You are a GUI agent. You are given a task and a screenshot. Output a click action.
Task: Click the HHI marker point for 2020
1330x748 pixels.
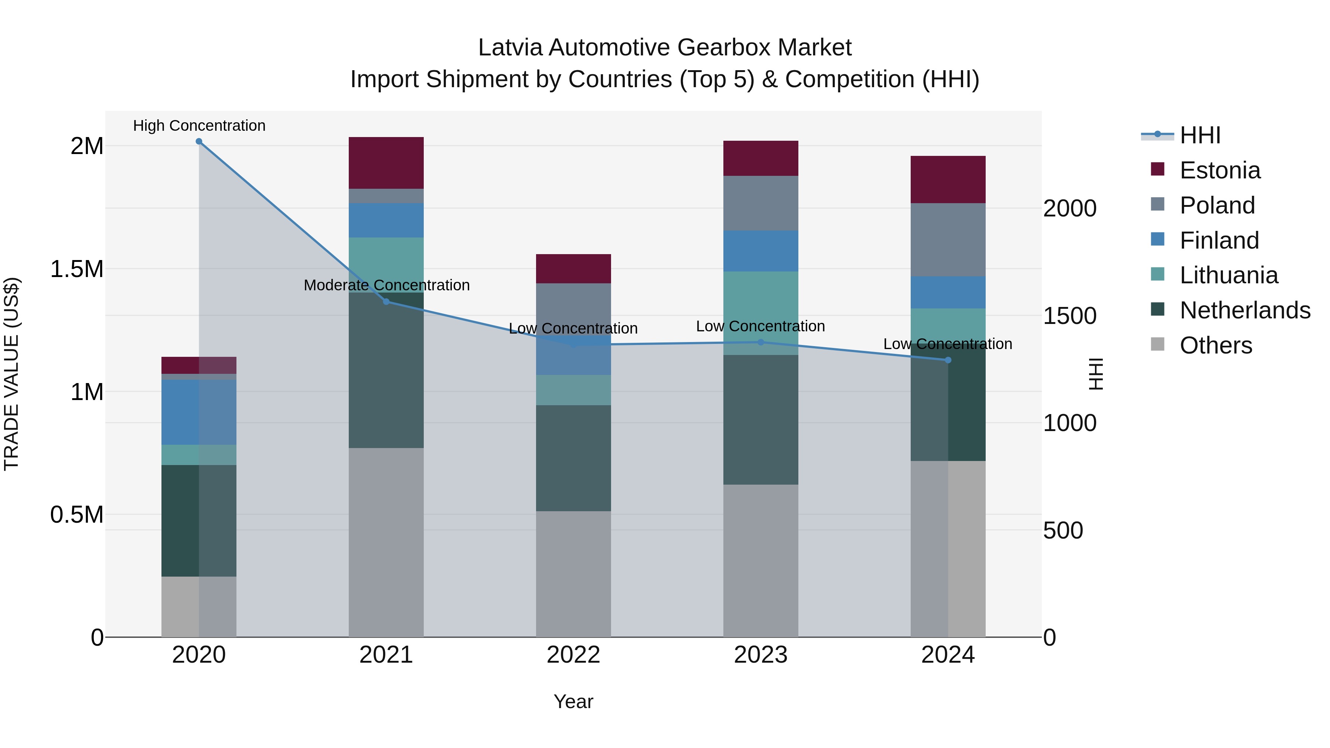[199, 141]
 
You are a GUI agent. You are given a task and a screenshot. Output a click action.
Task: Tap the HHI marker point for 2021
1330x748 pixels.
[386, 301]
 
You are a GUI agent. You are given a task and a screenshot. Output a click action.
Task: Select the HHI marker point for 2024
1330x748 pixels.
[948, 360]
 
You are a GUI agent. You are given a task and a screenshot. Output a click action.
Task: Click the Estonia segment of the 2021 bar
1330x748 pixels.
[386, 163]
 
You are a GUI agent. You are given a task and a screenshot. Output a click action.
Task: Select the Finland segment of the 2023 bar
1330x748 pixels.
[761, 251]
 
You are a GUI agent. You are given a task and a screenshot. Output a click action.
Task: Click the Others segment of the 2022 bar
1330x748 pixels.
[573, 574]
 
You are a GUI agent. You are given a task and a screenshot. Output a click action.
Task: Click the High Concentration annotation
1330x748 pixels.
[199, 126]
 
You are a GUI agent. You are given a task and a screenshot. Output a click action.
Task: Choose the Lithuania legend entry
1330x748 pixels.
[1228, 275]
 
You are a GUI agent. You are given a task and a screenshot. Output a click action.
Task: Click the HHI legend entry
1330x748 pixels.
[1200, 135]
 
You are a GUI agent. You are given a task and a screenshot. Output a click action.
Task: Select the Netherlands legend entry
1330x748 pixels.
[1244, 310]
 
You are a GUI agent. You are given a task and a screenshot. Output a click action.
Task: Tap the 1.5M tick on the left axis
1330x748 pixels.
[76, 269]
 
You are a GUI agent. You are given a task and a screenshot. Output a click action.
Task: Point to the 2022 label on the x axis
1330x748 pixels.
[573, 655]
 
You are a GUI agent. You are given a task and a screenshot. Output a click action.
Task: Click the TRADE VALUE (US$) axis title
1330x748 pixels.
[11, 374]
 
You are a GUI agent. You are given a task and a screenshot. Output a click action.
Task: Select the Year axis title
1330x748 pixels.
[573, 701]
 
